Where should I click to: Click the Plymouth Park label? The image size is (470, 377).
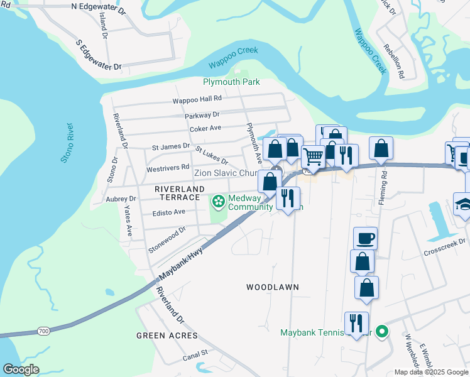point(231,82)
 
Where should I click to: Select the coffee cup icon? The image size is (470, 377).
point(366,238)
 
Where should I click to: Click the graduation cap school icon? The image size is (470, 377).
point(464,204)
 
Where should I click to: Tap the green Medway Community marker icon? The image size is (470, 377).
point(218,202)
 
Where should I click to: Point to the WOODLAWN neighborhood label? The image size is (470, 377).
point(272,287)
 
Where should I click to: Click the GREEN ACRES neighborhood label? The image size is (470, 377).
point(167,336)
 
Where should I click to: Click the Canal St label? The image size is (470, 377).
point(195,356)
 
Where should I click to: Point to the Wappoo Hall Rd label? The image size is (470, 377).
point(198,99)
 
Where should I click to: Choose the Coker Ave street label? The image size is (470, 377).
point(205,128)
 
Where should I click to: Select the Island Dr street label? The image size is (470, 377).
point(103,21)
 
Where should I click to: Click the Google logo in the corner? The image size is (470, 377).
point(21,369)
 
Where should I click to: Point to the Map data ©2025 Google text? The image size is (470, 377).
point(431,372)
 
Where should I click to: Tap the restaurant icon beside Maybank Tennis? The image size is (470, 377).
point(356,324)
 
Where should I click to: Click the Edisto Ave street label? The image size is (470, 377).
point(168,212)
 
